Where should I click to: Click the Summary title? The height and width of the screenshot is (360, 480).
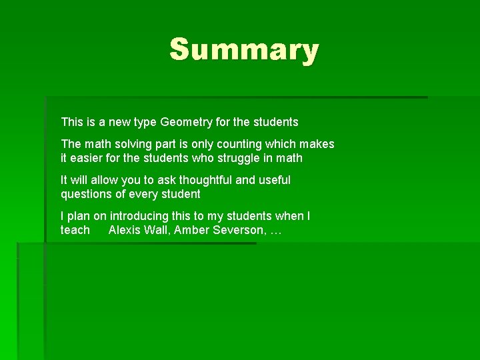tap(244, 50)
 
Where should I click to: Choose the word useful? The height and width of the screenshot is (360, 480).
tap(273, 180)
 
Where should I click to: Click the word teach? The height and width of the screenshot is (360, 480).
tap(75, 230)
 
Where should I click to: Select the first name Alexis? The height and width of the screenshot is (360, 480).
tap(124, 230)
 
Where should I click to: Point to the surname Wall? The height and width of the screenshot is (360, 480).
tap(156, 230)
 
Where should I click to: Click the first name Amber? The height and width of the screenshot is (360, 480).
tap(191, 230)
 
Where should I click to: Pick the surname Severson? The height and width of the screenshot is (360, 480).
tap(238, 230)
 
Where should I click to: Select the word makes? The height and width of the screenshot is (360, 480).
tap(317, 144)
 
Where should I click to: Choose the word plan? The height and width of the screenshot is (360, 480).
tap(79, 216)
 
